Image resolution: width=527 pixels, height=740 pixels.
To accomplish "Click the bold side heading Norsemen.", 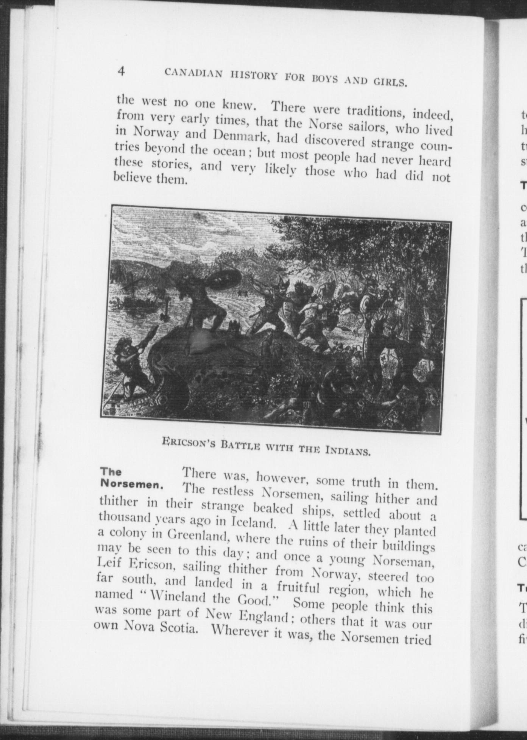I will click(131, 484).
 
